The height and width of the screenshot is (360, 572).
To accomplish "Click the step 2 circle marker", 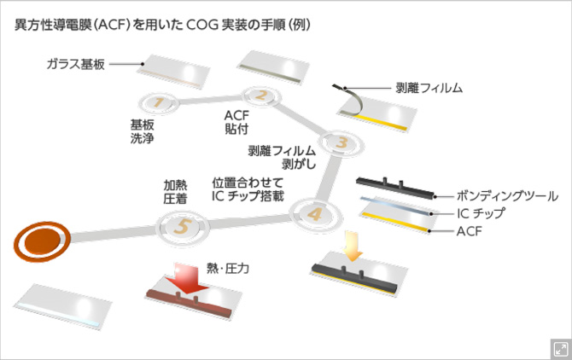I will click(x=262, y=96).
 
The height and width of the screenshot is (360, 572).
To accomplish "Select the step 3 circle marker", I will click(x=339, y=142).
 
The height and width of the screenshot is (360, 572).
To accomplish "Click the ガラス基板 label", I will click(x=76, y=64).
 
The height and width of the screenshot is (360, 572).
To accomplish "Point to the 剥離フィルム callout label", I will click(x=429, y=87).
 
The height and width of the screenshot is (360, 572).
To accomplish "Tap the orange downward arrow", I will click(x=352, y=246).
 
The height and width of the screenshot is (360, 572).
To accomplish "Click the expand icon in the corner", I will click(x=560, y=348).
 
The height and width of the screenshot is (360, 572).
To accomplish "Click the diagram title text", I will click(x=162, y=25).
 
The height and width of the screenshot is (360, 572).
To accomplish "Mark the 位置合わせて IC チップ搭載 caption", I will click(x=247, y=189).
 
